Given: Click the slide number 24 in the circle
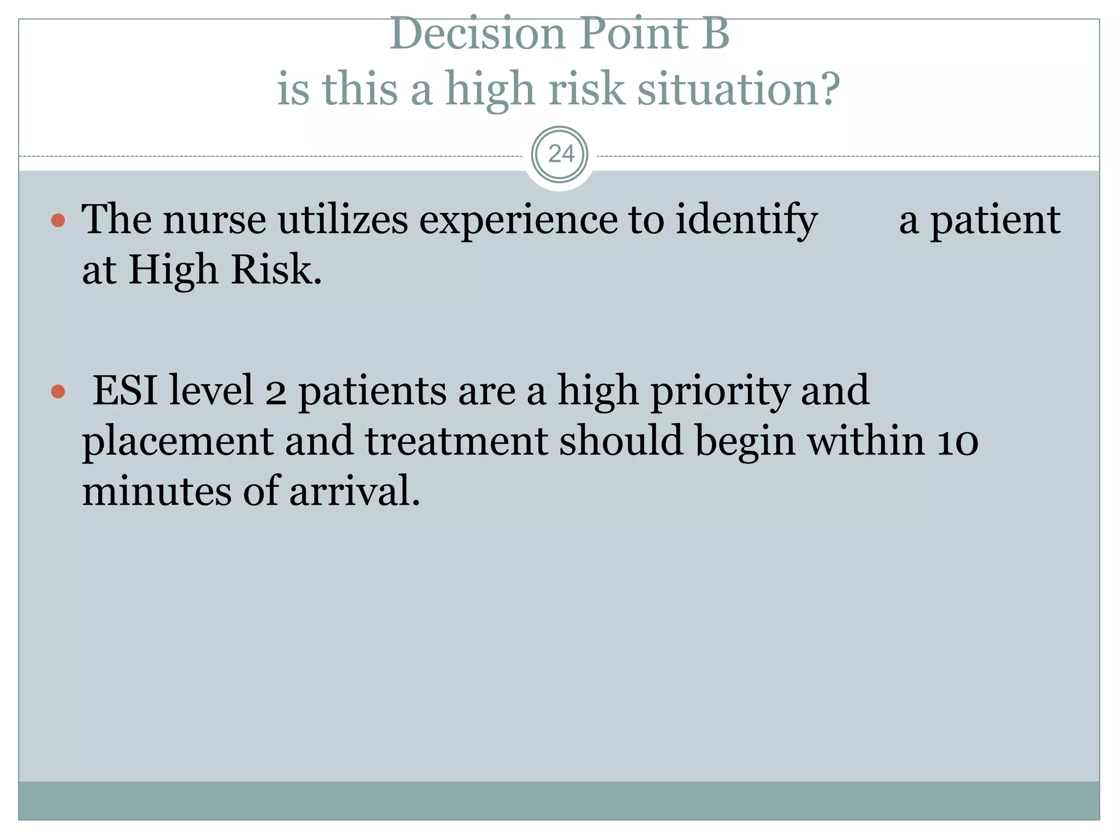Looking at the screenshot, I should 561,155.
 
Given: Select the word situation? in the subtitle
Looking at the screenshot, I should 738,89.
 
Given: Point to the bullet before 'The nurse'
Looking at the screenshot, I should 58,221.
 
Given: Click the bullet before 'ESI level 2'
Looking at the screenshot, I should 58,392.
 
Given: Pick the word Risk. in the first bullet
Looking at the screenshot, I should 276,270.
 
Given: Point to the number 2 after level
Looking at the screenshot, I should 275,392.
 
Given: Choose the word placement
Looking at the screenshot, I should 178,441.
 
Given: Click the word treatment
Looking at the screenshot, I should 456,441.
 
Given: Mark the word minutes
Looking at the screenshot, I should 156,491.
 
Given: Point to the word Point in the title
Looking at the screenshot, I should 633,34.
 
